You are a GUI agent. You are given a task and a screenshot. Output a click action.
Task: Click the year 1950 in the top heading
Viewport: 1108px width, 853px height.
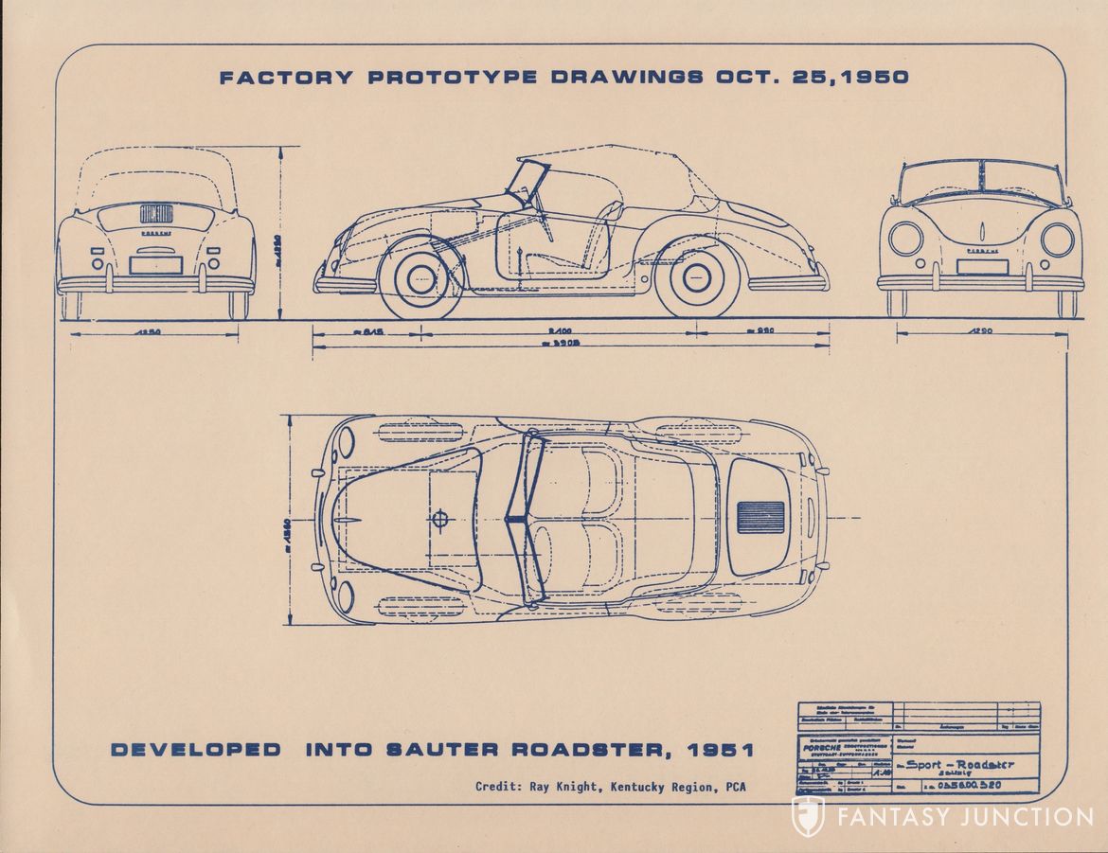(873, 78)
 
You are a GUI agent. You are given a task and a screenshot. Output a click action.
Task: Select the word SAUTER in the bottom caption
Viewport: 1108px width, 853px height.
(445, 750)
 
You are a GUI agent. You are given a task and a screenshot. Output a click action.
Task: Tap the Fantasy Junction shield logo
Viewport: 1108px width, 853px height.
(808, 817)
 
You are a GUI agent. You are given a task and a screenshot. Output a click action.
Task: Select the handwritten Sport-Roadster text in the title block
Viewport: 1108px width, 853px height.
(957, 764)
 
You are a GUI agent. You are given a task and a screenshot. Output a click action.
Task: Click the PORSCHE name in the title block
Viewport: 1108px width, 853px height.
(820, 748)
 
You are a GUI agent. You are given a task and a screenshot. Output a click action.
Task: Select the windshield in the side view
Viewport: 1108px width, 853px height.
(527, 182)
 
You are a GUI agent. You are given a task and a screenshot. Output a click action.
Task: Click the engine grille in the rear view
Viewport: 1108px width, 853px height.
(154, 213)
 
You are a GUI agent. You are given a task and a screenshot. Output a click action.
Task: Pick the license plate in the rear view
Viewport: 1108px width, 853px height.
(155, 265)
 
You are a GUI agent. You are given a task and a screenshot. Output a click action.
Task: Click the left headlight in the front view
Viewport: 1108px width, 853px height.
(904, 239)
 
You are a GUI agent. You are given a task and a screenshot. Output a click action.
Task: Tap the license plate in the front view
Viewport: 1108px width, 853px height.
(981, 266)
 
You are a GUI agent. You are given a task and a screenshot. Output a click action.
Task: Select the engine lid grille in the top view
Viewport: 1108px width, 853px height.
(760, 516)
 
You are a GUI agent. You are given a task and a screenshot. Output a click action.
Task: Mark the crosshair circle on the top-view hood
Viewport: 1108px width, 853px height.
(439, 519)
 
